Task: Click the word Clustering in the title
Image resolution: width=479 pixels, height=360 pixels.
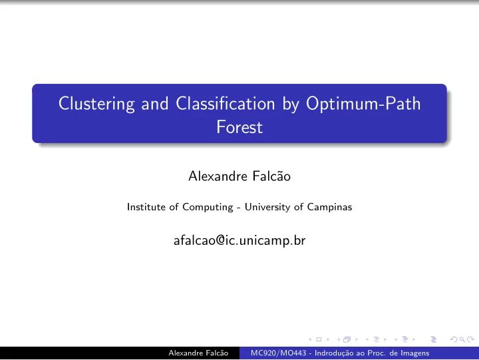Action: pos(96,104)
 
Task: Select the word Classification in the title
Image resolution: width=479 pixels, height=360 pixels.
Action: pos(225,103)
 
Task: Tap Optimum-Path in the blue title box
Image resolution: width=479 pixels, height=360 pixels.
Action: pos(363,104)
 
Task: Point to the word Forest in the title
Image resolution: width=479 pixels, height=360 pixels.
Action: pos(239,127)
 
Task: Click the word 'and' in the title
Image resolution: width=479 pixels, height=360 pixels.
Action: pos(154,103)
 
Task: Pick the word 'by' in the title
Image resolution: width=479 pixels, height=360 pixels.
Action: pos(291,104)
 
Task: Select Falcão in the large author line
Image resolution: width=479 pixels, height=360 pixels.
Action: pos(271,176)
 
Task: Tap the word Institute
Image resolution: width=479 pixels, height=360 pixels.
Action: pos(146,207)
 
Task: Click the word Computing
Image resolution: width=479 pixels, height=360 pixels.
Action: pos(208,207)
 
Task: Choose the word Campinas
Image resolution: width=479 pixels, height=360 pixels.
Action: pos(329,207)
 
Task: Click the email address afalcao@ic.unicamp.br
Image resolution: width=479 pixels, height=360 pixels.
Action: pos(239,240)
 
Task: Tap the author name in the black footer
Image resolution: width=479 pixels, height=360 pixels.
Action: pos(198,353)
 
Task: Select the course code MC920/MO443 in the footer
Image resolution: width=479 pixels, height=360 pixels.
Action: pos(278,353)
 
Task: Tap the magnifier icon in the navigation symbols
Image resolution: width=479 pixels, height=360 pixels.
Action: pos(462,339)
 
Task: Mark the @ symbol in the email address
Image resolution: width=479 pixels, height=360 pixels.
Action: pos(220,240)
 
